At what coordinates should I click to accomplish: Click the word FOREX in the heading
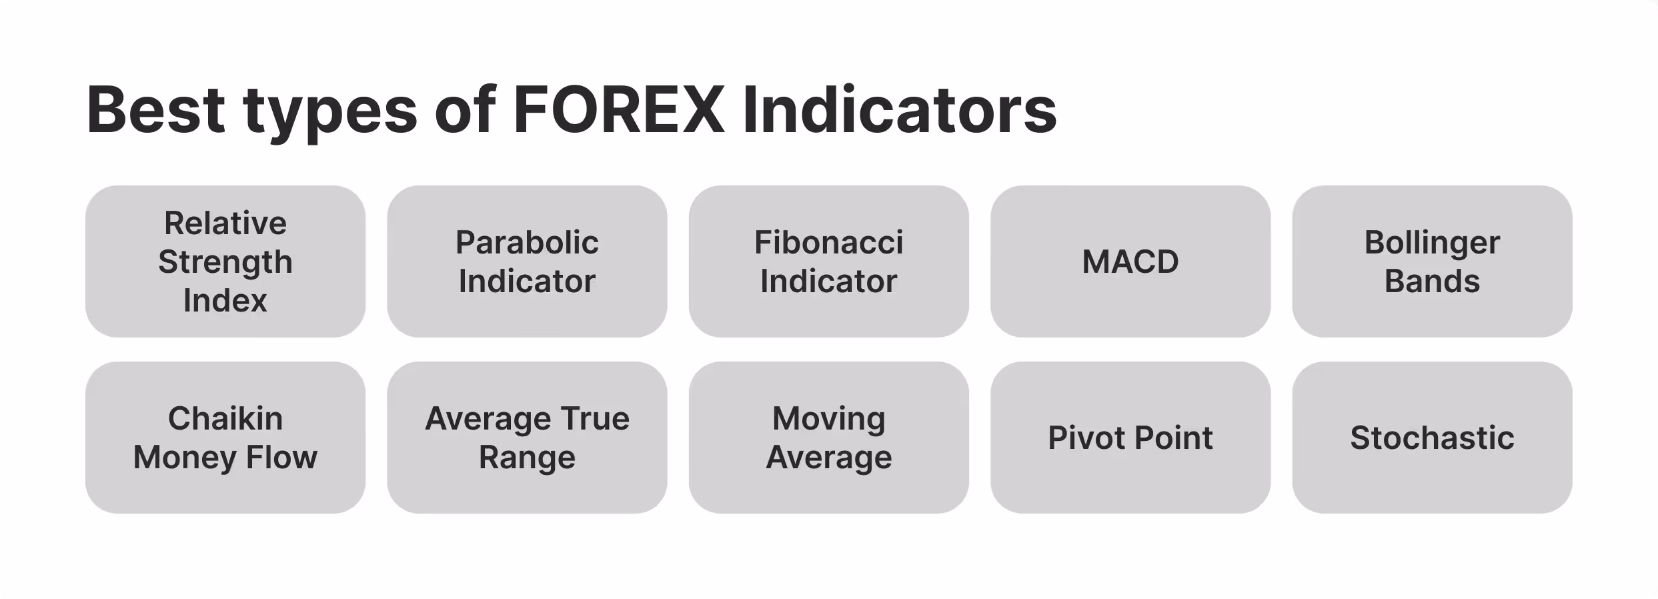pos(619,110)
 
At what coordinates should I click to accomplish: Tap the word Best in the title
pos(155,110)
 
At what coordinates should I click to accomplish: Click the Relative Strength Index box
pos(225,261)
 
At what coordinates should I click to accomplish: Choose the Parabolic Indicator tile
pos(527,261)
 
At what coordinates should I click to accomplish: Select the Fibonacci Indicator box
pos(828,261)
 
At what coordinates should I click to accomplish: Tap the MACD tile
pos(1130,261)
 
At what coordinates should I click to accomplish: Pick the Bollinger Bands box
pos(1432,261)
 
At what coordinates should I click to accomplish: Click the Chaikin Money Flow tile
pos(225,438)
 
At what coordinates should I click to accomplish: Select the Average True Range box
pos(527,438)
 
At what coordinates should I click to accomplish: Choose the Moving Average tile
pos(828,438)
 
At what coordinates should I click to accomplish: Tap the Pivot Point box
pos(1130,438)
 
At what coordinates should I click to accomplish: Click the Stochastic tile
pos(1432,438)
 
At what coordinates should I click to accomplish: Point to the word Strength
pos(225,262)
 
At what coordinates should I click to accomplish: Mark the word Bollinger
pos(1432,243)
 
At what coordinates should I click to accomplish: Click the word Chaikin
pos(225,419)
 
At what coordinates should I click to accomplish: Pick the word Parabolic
pos(527,243)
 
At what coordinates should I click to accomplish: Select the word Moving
pos(828,419)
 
